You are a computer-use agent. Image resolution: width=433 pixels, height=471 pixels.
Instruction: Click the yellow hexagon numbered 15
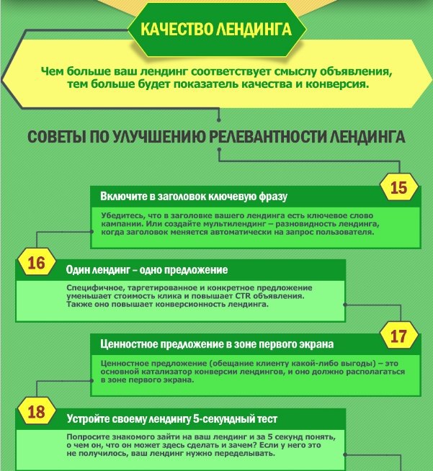(398, 187)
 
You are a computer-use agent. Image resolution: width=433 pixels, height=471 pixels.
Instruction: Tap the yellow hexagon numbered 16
(37, 262)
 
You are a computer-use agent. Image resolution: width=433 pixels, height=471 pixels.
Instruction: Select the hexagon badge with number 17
(398, 336)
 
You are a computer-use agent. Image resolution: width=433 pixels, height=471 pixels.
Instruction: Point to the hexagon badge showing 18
(37, 411)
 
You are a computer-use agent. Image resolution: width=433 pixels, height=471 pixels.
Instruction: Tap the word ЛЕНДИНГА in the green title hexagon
(254, 30)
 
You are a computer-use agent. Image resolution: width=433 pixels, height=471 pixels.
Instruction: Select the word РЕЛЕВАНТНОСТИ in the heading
(267, 137)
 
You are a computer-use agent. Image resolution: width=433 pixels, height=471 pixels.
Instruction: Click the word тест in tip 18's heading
(267, 418)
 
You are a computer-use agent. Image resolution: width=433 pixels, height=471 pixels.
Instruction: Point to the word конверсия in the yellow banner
(337, 84)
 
